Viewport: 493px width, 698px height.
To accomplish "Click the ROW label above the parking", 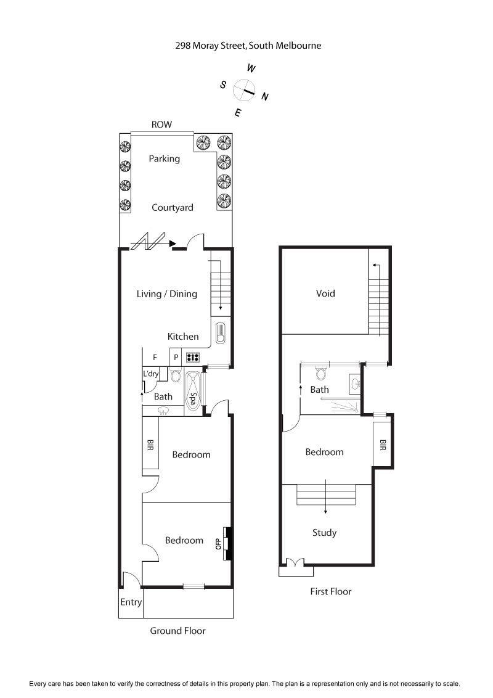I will [162, 125].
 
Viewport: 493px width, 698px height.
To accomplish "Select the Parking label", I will [165, 158].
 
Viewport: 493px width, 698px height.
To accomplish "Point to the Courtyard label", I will [173, 208].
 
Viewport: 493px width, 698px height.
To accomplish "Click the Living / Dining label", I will [167, 294].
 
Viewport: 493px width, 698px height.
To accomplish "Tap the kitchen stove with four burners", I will [193, 357].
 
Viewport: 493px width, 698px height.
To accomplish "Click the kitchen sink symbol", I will [221, 333].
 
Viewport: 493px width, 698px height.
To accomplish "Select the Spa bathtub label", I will [194, 399].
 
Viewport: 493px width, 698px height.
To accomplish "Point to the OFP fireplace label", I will [218, 544].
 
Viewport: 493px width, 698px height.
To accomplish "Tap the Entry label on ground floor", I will [131, 602].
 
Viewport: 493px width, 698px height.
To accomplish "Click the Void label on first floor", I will [325, 294].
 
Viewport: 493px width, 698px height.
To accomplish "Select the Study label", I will [324, 533].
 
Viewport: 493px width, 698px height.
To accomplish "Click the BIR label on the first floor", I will [382, 445].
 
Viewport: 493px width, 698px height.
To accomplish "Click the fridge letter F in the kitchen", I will [155, 357].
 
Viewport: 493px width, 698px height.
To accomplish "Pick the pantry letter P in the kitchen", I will [175, 357].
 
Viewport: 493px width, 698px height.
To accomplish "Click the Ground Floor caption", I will [177, 631].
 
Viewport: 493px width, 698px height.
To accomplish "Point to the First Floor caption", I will [330, 591].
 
